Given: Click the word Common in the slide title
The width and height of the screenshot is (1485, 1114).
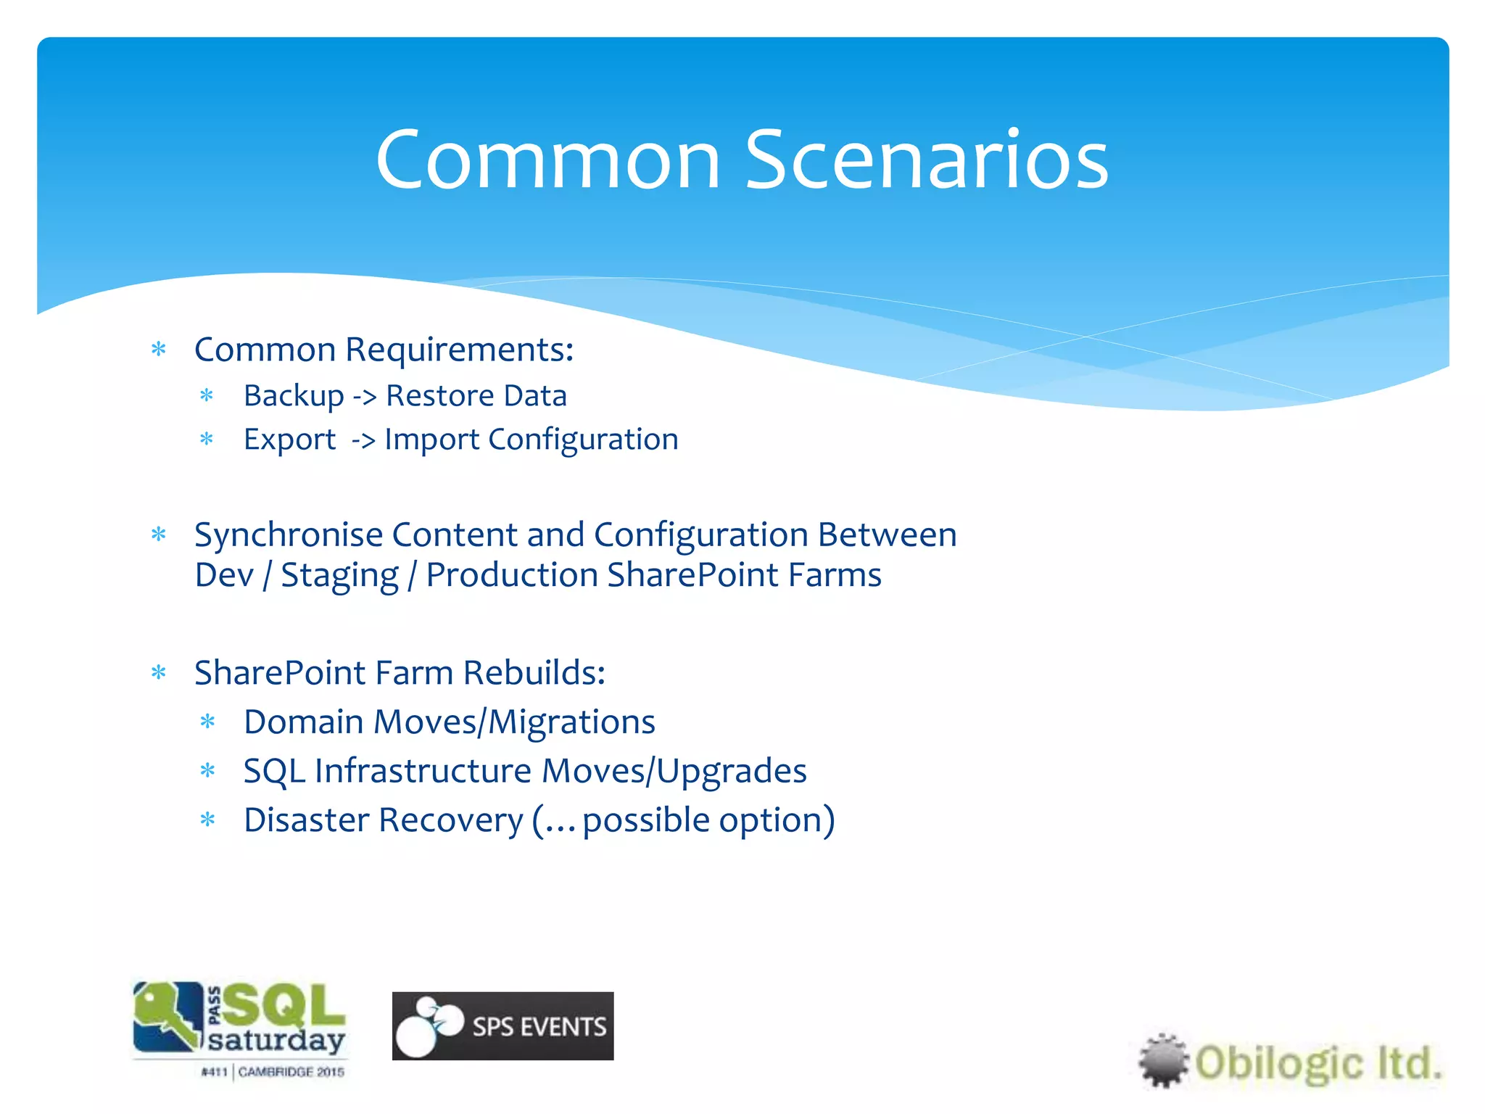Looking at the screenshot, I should coord(547,160).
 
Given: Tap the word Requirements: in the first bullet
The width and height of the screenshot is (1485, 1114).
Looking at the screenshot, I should coord(459,350).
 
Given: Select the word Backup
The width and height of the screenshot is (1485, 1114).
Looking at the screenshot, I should coord(294,396).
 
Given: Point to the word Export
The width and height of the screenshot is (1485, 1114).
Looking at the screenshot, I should coord(289,440).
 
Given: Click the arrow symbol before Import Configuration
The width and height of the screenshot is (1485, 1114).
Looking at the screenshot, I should coord(363,440).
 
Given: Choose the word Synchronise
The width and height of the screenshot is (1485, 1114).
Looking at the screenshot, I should coord(288,535).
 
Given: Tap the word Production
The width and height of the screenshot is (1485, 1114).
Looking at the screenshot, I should coord(512,575).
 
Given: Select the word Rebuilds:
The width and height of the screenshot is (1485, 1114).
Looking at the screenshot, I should coord(534,673).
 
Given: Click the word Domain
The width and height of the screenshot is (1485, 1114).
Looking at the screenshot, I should coord(304,722).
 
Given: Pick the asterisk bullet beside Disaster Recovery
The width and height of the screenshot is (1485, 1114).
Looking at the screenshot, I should coord(208,820).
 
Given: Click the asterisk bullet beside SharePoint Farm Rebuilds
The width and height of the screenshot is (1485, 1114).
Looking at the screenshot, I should coord(159,673).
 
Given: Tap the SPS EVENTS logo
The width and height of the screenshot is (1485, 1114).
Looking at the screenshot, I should coord(502,1026).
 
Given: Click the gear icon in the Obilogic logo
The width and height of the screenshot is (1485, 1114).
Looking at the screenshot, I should coord(1163,1060).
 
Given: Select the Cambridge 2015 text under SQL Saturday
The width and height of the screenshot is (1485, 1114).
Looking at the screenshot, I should coord(291,1072).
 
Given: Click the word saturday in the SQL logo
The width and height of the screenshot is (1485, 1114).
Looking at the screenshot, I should coord(276,1039).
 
